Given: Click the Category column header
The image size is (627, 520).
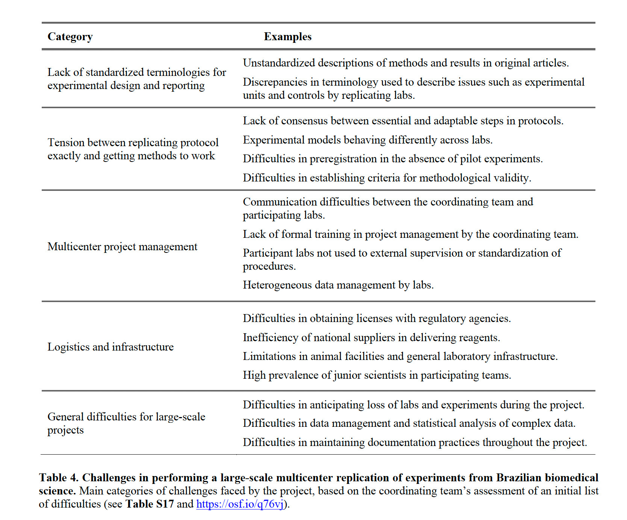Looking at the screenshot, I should click(70, 37).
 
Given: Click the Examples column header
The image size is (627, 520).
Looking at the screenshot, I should click(288, 37).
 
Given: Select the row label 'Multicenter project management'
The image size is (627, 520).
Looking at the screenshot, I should click(122, 247).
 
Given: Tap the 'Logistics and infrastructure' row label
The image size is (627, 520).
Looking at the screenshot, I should click(111, 347).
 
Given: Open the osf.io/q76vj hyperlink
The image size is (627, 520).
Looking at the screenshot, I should click(240, 504).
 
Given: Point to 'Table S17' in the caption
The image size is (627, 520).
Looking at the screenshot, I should click(150, 504).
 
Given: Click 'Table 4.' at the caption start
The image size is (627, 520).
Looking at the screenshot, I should click(59, 478).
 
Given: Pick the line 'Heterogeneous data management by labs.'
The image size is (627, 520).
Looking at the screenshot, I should click(338, 285).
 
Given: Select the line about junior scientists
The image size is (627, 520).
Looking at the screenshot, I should click(377, 375).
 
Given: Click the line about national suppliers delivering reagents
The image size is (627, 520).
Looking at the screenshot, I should click(371, 338).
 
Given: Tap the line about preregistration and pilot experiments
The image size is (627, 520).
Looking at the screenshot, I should click(392, 159).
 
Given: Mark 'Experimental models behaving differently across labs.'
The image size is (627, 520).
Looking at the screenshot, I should click(367, 140).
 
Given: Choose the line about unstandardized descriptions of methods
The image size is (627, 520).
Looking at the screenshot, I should click(406, 63).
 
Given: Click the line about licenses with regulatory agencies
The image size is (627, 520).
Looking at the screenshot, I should click(377, 319).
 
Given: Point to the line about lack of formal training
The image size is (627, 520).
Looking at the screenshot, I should click(410, 234).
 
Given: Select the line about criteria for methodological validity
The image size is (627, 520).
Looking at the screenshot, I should click(387, 178).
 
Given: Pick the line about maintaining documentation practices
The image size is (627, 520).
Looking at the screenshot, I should click(415, 443).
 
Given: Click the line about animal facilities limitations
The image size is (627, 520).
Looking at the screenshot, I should click(400, 357).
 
